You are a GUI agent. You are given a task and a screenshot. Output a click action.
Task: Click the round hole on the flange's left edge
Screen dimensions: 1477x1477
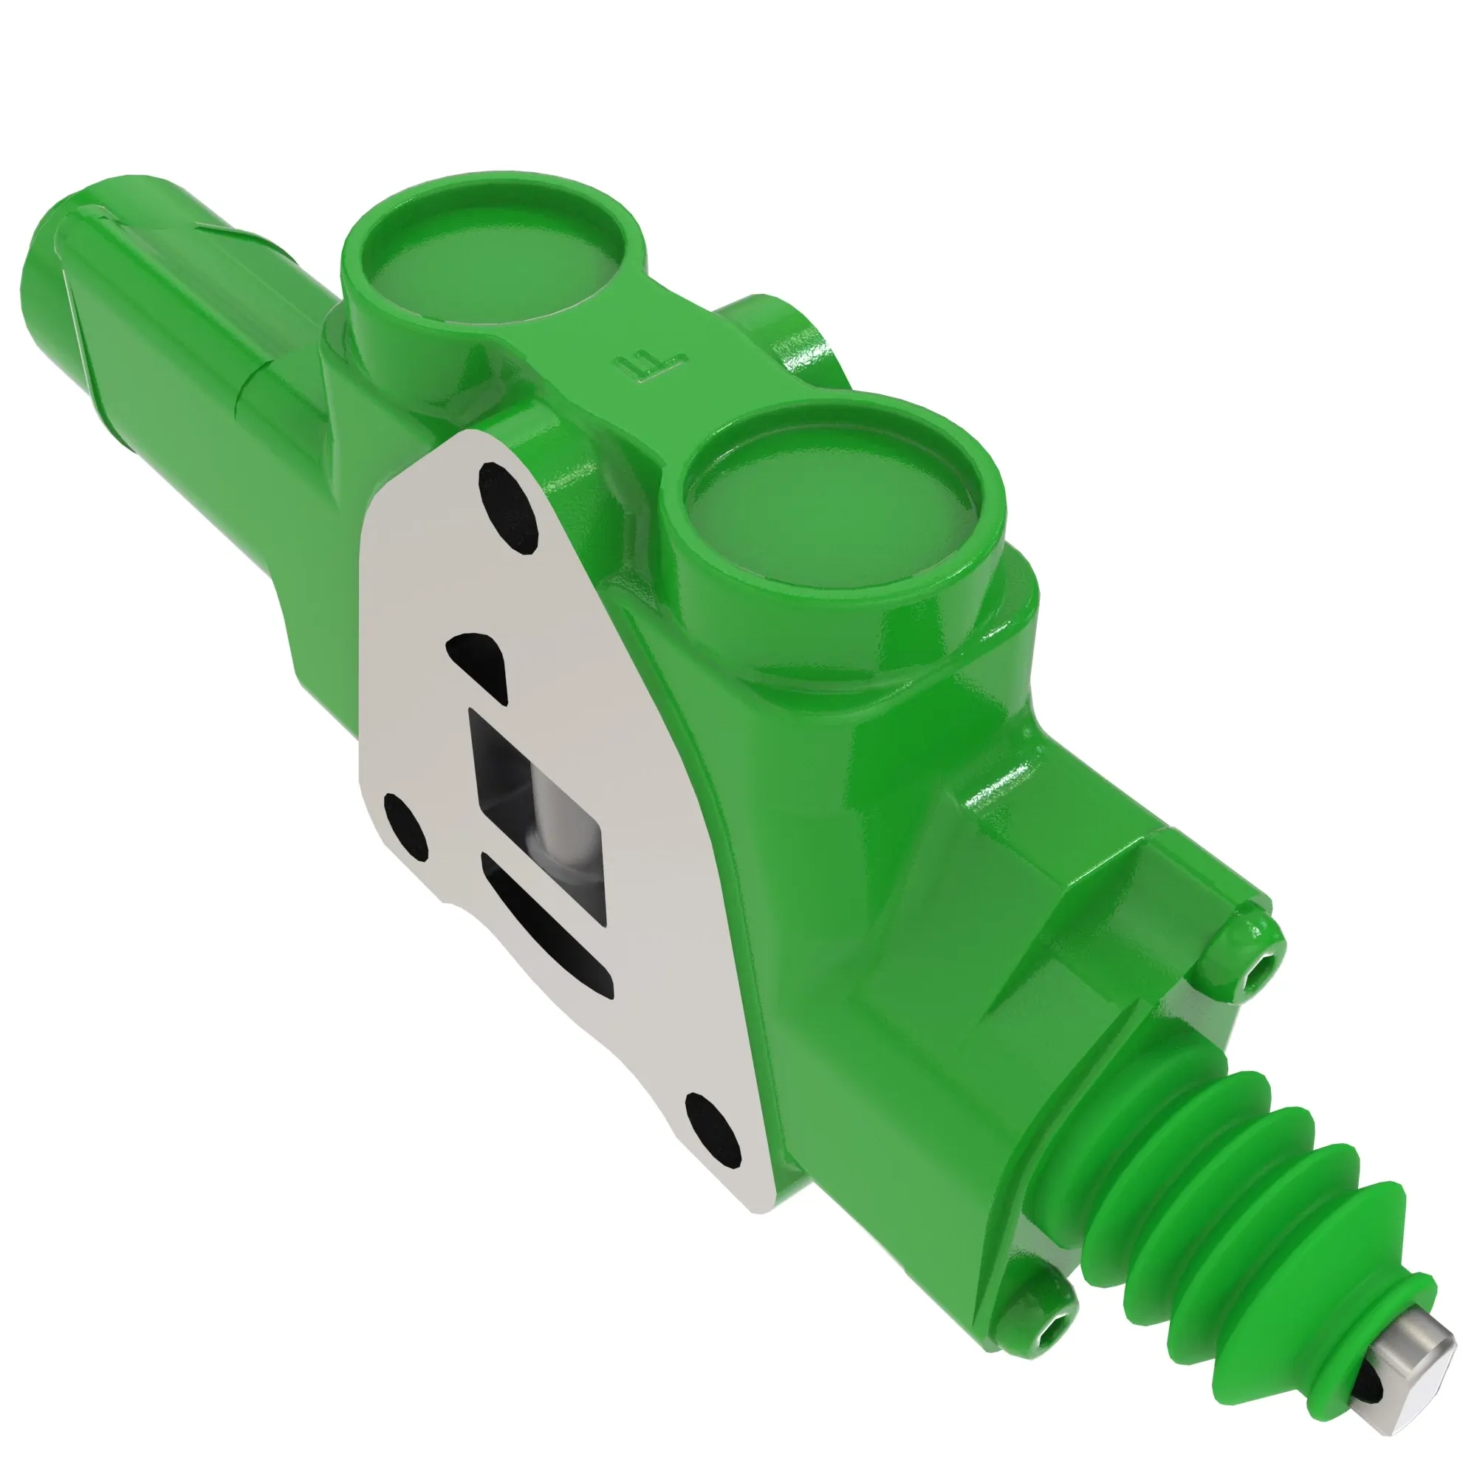(x=405, y=825)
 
